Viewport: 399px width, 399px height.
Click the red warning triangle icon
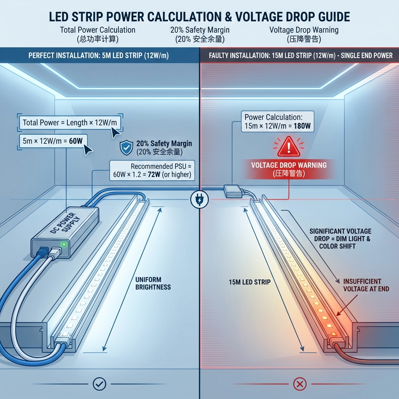(289, 147)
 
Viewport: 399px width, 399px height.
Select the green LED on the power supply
(64, 245)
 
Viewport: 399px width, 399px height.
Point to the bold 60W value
(76, 141)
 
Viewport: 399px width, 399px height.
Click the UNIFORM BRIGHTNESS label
(153, 283)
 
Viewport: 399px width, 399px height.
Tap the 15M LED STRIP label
(250, 282)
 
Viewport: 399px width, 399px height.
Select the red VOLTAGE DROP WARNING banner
(289, 169)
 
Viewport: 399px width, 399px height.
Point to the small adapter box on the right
(233, 190)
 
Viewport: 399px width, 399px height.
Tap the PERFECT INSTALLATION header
(99, 55)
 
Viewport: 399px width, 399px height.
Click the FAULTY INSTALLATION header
(300, 55)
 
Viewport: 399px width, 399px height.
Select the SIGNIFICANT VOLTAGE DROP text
(340, 238)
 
